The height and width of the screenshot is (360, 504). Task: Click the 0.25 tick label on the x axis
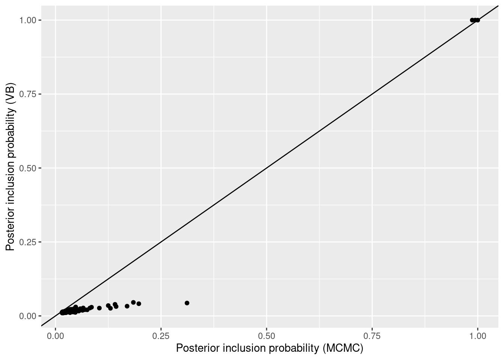[161, 335]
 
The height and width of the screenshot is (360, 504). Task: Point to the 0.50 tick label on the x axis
[267, 335]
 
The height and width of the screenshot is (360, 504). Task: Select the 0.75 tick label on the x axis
[372, 335]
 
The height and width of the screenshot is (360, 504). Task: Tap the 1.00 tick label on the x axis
[478, 335]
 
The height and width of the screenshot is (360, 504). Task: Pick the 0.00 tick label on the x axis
[55, 335]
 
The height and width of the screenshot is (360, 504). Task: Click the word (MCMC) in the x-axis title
[343, 348]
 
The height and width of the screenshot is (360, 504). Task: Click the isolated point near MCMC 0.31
[187, 303]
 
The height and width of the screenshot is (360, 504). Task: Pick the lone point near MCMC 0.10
[99, 308]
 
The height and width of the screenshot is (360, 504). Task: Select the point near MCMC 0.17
[127, 306]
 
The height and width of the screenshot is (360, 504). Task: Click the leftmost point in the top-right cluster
[472, 20]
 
